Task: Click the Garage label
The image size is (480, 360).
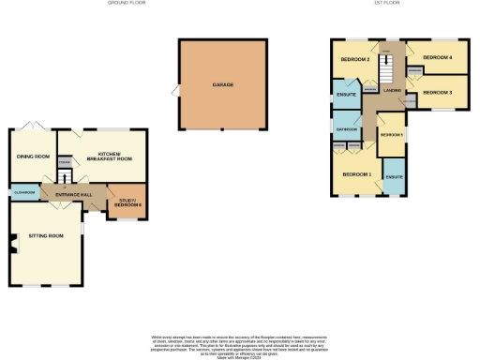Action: pos(222,85)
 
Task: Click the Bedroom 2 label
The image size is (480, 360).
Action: pos(354,60)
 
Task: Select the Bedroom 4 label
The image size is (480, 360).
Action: pos(437,57)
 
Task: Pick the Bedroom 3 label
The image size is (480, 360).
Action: pos(437,92)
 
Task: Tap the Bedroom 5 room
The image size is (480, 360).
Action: pos(389,137)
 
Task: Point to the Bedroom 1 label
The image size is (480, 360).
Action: pos(356,174)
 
